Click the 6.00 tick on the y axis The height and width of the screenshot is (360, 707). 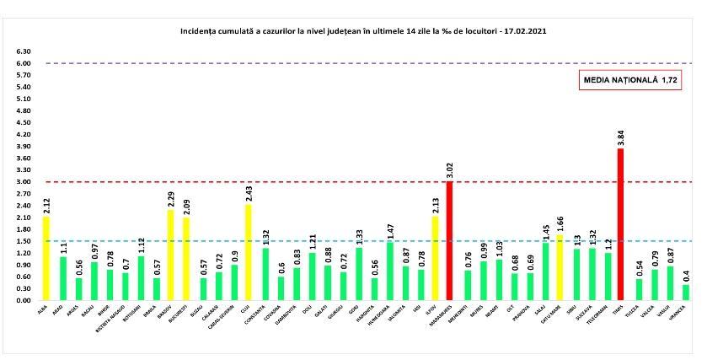click(x=24, y=63)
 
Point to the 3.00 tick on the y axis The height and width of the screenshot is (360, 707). click(x=24, y=182)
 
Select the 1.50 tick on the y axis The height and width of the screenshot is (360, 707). click(x=24, y=241)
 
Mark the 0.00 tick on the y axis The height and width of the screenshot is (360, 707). click(x=24, y=300)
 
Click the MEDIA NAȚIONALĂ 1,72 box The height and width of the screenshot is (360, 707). click(x=630, y=81)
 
